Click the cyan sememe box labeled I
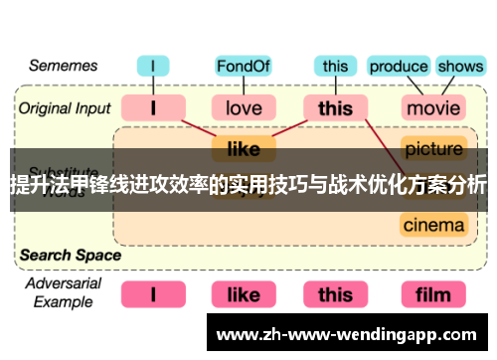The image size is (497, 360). point(152,68)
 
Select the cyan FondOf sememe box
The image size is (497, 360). point(244,68)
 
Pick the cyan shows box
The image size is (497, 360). point(460,68)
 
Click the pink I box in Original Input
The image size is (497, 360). point(152,107)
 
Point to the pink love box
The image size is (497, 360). point(244,107)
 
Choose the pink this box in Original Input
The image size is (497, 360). point(335,107)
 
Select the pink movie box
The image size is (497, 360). point(433,107)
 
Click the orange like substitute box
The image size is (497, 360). point(244,149)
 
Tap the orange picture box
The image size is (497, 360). point(433,149)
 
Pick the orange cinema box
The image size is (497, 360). point(433,225)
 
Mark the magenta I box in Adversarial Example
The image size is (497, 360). point(152,294)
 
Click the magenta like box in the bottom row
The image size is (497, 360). point(244,294)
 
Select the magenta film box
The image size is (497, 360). point(433,294)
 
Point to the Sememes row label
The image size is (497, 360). point(63,67)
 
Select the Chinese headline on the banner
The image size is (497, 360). point(248,185)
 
